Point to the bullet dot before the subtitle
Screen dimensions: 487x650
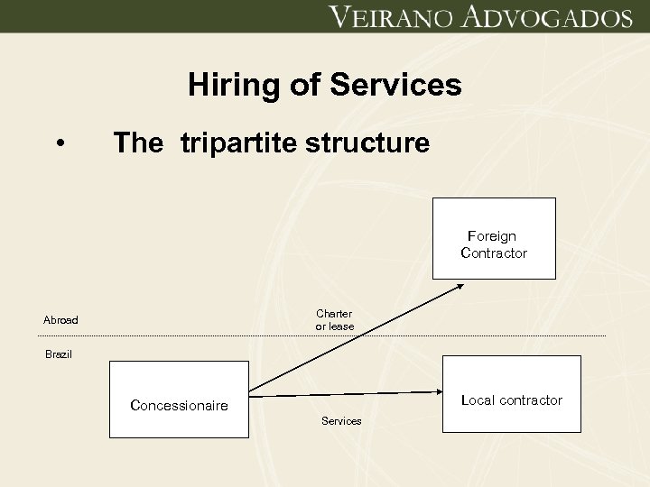(x=60, y=144)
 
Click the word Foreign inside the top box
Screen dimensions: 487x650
(x=492, y=236)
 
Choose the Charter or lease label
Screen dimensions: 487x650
(x=334, y=319)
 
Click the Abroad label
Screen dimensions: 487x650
(x=61, y=319)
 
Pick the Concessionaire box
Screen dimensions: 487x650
(x=178, y=399)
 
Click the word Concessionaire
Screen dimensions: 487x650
(x=179, y=406)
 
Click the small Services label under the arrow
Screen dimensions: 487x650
(x=341, y=421)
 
